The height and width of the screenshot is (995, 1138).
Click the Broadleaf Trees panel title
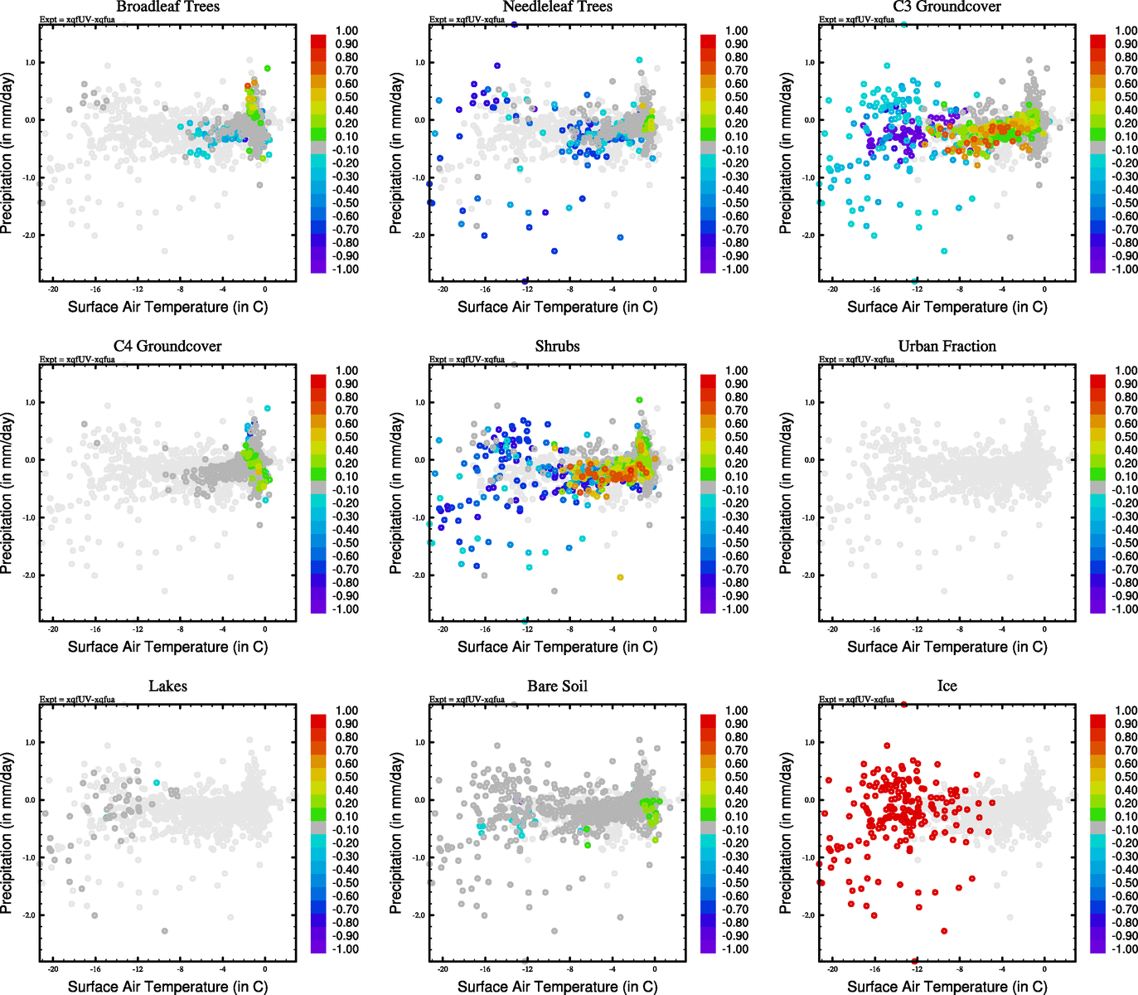point(167,7)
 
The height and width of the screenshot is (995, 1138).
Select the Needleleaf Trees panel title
point(557,7)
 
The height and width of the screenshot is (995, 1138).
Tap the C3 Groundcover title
point(947,7)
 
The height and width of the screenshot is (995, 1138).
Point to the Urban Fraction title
point(947,347)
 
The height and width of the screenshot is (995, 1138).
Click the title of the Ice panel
point(947,687)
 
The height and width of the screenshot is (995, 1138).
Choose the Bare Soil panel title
point(557,687)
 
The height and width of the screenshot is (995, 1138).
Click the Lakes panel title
point(167,687)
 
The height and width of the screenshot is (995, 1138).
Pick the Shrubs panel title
point(557,347)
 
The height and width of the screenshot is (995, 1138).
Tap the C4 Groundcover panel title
point(167,347)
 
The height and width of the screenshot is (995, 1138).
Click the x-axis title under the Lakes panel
point(167,987)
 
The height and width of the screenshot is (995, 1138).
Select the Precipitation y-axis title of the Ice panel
point(786,833)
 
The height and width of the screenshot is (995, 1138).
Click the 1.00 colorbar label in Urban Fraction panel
point(1126,371)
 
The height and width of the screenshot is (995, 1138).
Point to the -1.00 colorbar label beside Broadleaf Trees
point(346,269)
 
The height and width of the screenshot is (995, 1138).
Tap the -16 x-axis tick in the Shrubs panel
point(485,629)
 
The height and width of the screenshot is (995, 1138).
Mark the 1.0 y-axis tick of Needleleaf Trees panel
point(419,62)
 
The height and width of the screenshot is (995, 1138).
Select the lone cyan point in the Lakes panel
point(157,783)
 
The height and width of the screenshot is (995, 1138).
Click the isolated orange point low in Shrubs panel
point(620,577)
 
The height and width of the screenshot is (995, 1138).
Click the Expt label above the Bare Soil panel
point(467,700)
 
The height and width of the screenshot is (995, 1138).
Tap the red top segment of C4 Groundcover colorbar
point(318,381)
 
